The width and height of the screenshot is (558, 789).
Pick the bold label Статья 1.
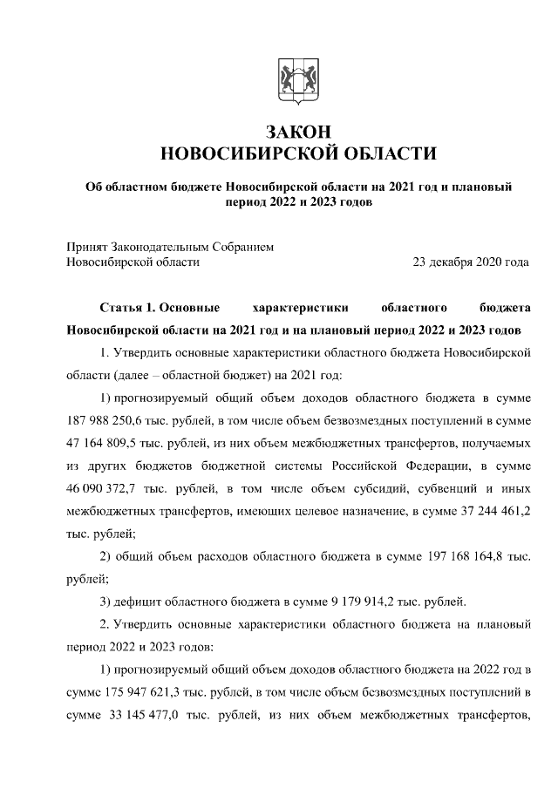pyautogui.click(x=129, y=308)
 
